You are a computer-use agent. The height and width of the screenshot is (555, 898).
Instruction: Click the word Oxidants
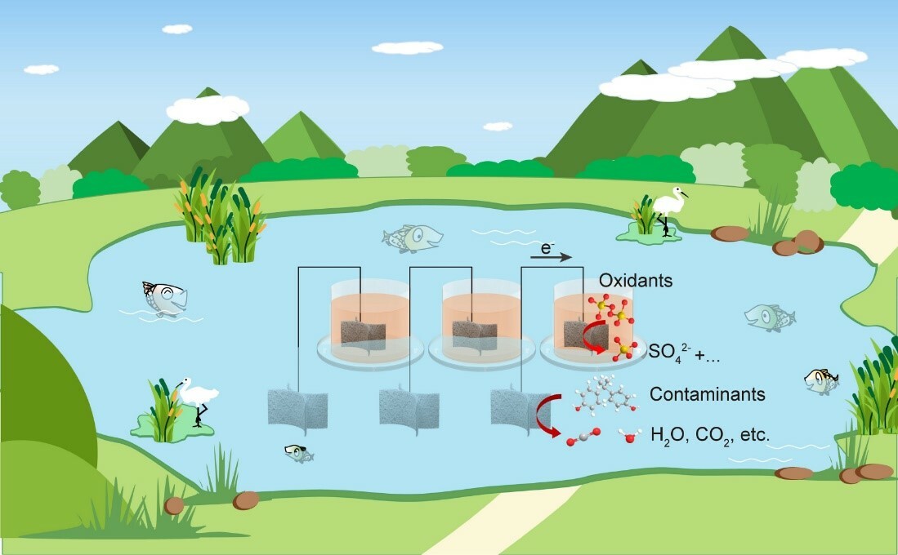pos(636,281)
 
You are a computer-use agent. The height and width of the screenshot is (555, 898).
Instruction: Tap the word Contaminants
pos(707,394)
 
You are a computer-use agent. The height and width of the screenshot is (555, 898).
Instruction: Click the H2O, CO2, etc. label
pos(709,434)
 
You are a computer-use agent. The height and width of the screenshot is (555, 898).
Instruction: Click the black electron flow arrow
pos(551,257)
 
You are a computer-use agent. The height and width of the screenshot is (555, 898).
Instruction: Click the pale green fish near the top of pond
pos(413,238)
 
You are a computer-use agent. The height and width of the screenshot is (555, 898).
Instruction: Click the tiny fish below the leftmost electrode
pos(297,453)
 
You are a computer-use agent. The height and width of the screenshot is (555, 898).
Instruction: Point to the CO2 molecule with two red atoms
pos(583,437)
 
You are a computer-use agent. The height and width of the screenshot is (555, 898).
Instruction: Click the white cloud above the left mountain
pos(208,108)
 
